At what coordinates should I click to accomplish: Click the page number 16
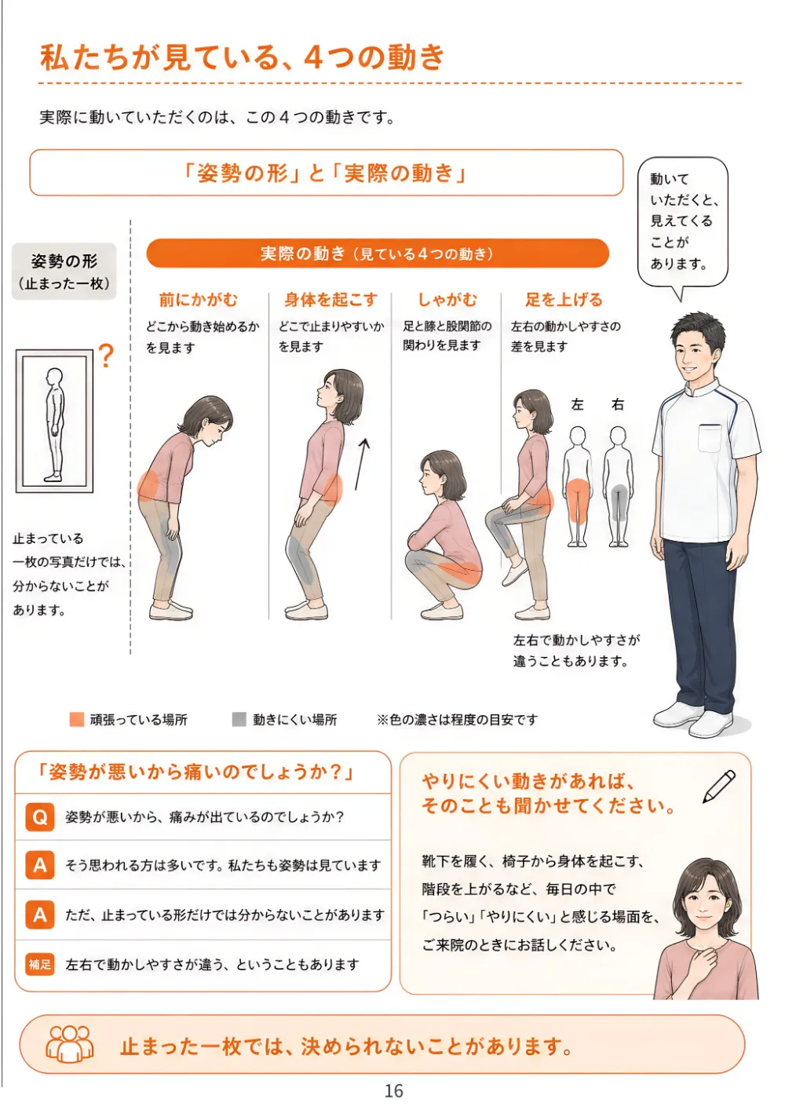[393, 1090]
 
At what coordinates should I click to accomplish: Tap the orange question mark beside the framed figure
[106, 356]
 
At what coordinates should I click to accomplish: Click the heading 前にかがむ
[199, 300]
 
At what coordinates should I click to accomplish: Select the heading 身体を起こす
[330, 300]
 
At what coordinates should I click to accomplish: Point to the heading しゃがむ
[447, 300]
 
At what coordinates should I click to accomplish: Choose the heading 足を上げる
[564, 300]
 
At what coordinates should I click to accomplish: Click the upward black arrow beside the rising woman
[361, 464]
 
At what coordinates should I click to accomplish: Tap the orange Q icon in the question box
[40, 817]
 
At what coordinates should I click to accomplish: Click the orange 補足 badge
[40, 964]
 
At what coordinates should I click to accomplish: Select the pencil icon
[718, 787]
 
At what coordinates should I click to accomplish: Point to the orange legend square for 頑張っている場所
[77, 719]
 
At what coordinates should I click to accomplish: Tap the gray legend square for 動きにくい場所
[239, 719]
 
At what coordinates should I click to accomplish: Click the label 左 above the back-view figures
[577, 404]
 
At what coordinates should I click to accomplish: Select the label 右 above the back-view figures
[618, 404]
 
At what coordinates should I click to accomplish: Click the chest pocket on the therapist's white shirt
[710, 438]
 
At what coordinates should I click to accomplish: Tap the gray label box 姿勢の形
[64, 271]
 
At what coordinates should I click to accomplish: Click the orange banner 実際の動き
[378, 254]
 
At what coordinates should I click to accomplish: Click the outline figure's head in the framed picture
[54, 378]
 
